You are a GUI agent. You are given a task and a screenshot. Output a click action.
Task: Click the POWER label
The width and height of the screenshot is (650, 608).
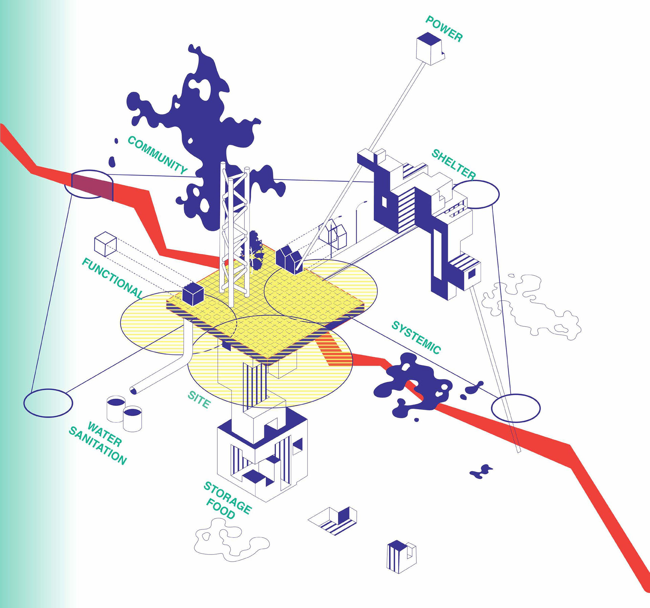(444, 29)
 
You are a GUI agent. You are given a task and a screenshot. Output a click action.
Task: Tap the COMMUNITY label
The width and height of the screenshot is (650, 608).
(157, 155)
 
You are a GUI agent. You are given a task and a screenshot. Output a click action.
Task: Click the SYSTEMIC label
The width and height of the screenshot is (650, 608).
(416, 338)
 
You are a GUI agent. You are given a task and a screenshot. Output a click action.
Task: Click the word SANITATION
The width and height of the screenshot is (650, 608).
(97, 446)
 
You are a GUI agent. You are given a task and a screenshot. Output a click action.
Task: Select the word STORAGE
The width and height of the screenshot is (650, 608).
(227, 498)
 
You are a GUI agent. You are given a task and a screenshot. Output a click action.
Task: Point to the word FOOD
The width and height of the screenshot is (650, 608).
(220, 509)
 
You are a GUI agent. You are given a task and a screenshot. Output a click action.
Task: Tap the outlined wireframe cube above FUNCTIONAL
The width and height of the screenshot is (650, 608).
(105, 244)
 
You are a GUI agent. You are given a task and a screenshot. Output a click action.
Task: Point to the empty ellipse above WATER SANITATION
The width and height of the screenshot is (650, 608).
(48, 403)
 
